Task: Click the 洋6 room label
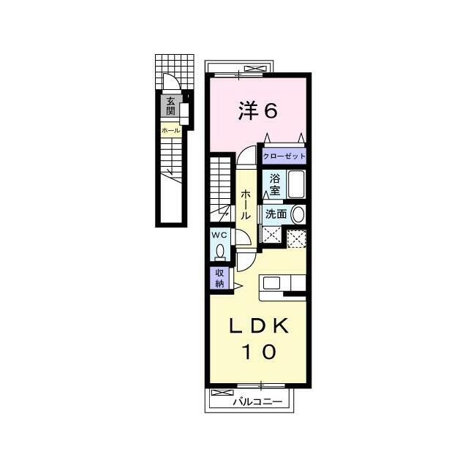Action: tap(258, 110)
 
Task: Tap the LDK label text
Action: tap(258, 326)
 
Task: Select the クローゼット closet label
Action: tap(284, 156)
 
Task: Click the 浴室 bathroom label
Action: tap(275, 184)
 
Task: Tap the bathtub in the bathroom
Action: tap(296, 184)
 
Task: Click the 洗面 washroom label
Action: tap(276, 214)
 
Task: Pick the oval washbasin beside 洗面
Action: tap(298, 214)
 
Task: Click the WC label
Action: tap(219, 235)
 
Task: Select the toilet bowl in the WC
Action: tap(221, 252)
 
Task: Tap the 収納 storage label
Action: tap(220, 278)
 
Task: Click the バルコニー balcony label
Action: tap(257, 401)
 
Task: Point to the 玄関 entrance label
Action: tap(170, 106)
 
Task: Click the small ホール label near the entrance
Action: tap(170, 130)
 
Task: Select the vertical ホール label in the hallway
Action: tap(246, 205)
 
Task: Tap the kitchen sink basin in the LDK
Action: tap(271, 283)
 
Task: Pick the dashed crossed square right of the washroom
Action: tap(296, 239)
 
